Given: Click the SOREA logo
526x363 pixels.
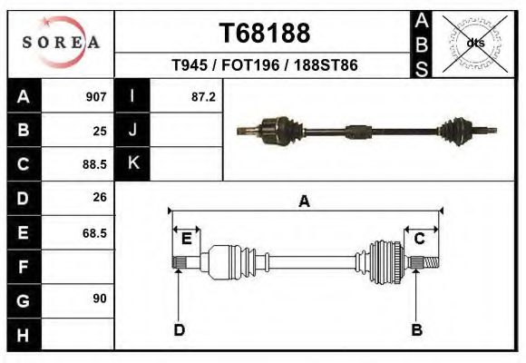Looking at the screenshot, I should [x=61, y=43].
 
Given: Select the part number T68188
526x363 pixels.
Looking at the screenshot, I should [x=265, y=34].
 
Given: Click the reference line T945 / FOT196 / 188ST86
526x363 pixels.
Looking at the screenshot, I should [x=265, y=66].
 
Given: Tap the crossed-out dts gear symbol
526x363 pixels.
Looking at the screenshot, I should [x=474, y=43].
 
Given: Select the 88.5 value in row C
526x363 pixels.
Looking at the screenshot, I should [x=94, y=165].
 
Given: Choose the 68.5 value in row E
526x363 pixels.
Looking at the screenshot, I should [x=94, y=233].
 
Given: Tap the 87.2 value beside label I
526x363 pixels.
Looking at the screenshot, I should [x=203, y=96].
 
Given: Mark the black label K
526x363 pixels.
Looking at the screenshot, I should [x=133, y=163].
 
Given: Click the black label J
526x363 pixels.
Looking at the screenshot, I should [x=133, y=130].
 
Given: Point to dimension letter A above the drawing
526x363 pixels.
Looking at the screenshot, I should [x=305, y=201].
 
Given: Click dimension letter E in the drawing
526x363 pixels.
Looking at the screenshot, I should [x=187, y=239].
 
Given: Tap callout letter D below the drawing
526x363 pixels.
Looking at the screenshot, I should [x=180, y=330].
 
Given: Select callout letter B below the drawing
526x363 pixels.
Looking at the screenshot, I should [x=417, y=330].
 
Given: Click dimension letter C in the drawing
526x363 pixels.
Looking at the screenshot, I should [x=420, y=239].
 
